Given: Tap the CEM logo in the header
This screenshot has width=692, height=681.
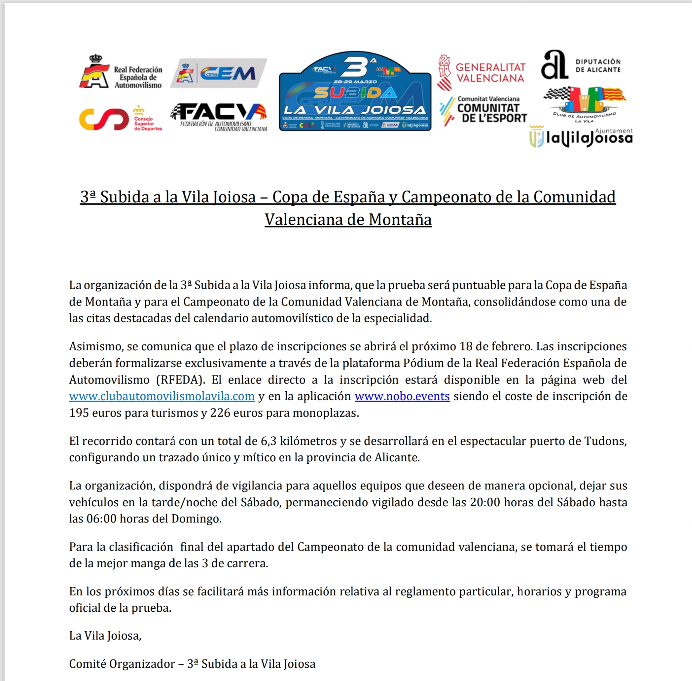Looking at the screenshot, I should coord(219,73).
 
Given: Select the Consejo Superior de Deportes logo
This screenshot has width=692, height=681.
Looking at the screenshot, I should coord(121,118).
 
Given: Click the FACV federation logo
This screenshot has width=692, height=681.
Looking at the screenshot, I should coord(219,117).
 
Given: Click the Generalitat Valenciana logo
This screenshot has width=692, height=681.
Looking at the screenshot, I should coord(482,73).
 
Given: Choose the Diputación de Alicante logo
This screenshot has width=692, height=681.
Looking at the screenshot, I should coord(581,65).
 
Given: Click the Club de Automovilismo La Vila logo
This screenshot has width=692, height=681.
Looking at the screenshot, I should coord(584,104).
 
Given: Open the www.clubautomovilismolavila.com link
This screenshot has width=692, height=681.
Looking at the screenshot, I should coord(162,396).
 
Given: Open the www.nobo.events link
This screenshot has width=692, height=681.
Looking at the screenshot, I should coord(402,396).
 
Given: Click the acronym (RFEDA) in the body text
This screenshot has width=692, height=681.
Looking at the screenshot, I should coord(181,380).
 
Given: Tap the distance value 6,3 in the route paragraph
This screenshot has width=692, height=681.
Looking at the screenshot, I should coord(269,441).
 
